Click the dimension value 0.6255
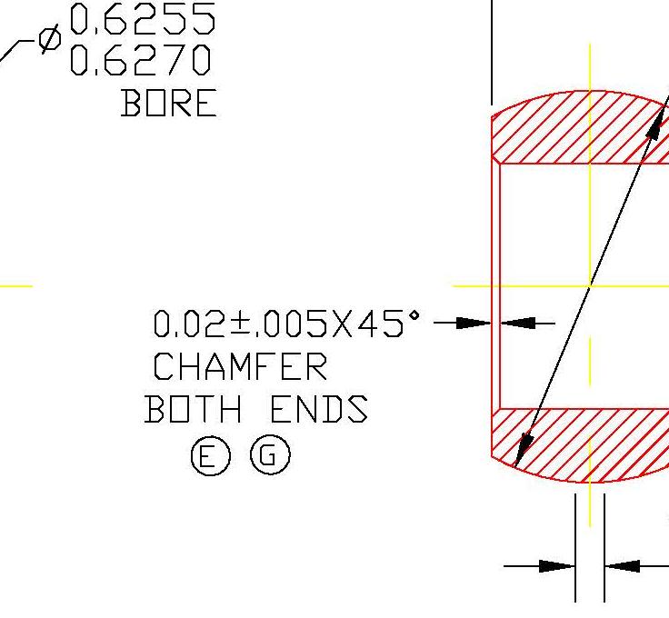click(142, 19)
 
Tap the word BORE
click(169, 104)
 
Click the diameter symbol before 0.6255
click(50, 38)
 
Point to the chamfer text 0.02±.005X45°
click(286, 324)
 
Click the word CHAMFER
click(239, 367)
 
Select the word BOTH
click(193, 410)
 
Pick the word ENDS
click(319, 410)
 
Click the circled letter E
click(210, 456)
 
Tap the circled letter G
click(269, 455)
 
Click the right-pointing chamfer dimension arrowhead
click(474, 323)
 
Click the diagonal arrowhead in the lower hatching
click(524, 449)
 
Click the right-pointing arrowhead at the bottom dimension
click(557, 566)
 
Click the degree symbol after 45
click(414, 314)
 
